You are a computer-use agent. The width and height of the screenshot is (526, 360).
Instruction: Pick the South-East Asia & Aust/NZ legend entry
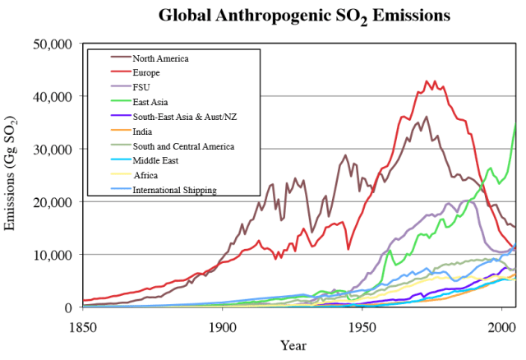pyautogui.click(x=187, y=117)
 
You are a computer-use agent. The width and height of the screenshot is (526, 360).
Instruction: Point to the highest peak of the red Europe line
pyautogui.click(x=427, y=81)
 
